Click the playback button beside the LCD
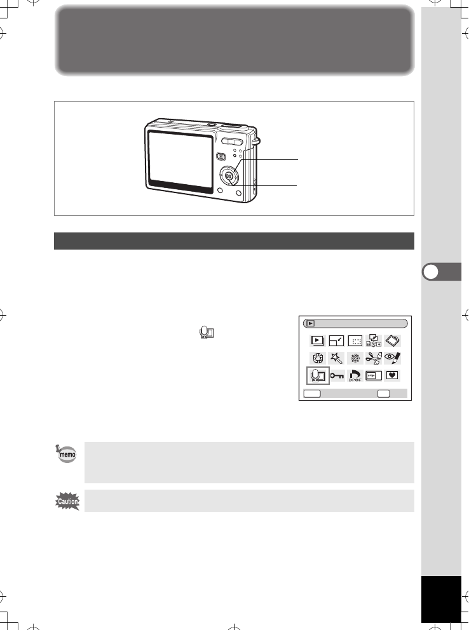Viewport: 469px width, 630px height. pos(221,157)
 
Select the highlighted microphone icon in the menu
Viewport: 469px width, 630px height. pos(316,376)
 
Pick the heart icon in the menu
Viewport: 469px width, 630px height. pos(392,375)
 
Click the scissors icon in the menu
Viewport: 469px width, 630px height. pos(372,358)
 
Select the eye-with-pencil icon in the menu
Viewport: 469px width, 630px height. pos(392,357)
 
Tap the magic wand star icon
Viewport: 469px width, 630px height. pos(335,358)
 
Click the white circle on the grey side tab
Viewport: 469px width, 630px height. pos(430,271)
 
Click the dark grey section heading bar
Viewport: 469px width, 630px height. pos(234,241)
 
